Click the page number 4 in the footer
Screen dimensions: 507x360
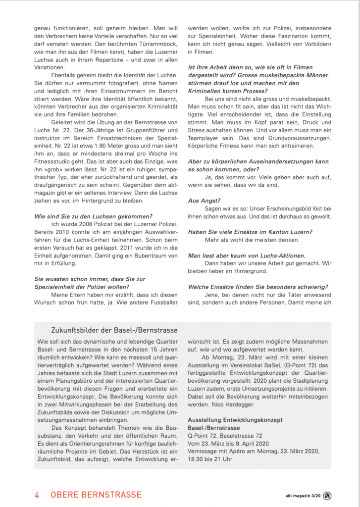click(37, 495)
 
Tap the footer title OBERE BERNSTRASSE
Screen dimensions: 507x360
click(96, 495)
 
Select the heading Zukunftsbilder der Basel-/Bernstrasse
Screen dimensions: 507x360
click(114, 330)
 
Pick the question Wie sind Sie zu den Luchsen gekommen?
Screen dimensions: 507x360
click(93, 216)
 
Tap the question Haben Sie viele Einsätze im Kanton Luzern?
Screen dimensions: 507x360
click(250, 231)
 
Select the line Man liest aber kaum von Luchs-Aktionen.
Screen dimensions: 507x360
click(247, 255)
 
